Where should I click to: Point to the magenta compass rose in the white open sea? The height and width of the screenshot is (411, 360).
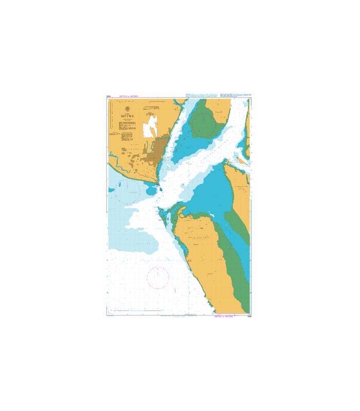(158, 277)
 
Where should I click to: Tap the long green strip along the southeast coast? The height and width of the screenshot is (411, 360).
(234, 257)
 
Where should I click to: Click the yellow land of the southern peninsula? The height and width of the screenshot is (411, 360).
(203, 257)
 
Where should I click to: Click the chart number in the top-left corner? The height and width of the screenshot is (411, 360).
(109, 97)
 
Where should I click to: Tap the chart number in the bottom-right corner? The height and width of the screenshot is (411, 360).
(248, 317)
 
